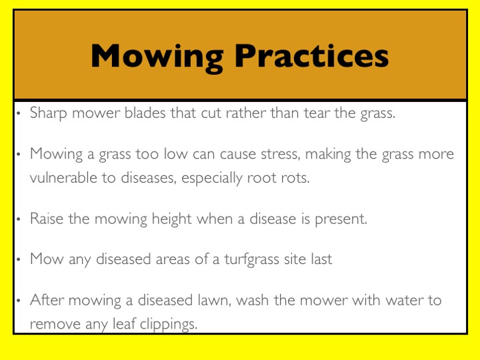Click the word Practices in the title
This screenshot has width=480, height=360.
click(x=311, y=56)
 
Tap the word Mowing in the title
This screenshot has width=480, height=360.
click(x=157, y=58)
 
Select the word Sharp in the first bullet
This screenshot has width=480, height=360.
click(x=49, y=113)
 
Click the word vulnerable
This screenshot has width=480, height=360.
click(x=63, y=177)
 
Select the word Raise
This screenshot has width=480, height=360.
click(x=47, y=219)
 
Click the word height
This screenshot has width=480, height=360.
click(x=172, y=219)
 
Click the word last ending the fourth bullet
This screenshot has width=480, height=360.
click(x=321, y=259)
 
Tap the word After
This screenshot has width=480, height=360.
click(x=47, y=300)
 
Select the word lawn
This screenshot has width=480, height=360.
click(x=214, y=301)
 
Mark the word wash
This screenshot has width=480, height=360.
click(x=253, y=300)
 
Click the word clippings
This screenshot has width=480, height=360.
click(x=169, y=325)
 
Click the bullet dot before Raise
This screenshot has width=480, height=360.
click(x=19, y=219)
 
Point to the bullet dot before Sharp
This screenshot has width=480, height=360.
click(x=19, y=113)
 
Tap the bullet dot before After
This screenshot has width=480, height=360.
click(x=19, y=301)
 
